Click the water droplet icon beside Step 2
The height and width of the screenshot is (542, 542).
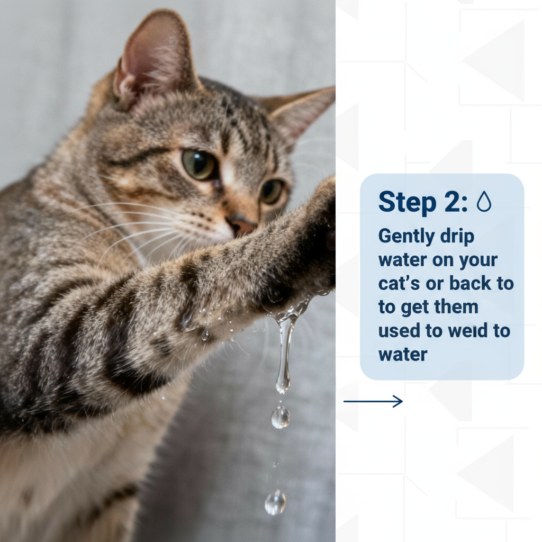click(484, 202)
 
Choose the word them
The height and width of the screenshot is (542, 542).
click(455, 307)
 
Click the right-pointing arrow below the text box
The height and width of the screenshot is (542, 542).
click(373, 402)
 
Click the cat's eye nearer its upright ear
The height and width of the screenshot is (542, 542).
click(199, 164)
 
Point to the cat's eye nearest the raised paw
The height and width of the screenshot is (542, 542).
click(272, 191)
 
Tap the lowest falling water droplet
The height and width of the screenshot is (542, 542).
click(275, 501)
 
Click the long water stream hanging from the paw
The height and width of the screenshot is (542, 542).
click(285, 349)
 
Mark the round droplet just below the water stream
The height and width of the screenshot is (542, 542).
click(281, 417)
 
